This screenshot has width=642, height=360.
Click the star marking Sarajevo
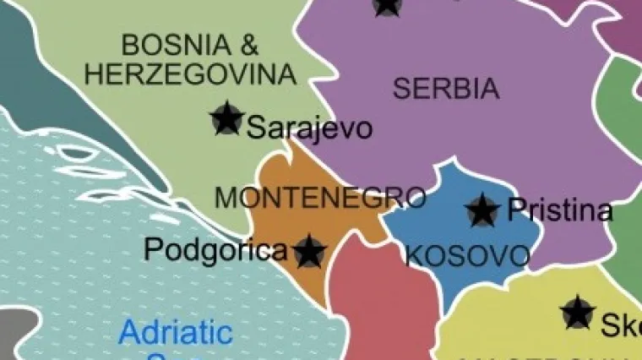(x=226, y=119)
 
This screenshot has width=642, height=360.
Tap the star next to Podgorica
(x=310, y=251)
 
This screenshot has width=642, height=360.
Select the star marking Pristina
(x=482, y=210)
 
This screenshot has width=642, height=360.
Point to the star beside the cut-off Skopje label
(x=578, y=313)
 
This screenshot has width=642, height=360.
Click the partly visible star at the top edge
(x=387, y=6)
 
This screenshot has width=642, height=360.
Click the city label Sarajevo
(x=309, y=128)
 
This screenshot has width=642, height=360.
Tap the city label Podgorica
(x=215, y=250)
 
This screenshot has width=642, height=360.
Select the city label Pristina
(x=560, y=210)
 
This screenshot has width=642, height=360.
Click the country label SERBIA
(x=445, y=88)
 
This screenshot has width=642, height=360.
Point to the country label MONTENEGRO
(x=320, y=197)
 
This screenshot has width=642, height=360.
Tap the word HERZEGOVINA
(x=191, y=74)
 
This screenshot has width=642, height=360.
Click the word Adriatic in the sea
(x=175, y=332)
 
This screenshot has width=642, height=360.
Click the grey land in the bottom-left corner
(x=13, y=334)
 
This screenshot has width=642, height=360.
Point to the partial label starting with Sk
(x=621, y=325)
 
